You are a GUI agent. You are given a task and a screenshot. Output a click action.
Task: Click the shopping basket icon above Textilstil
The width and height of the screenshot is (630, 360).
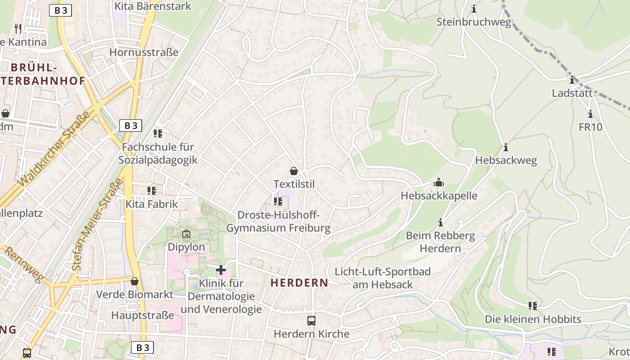click(294, 171)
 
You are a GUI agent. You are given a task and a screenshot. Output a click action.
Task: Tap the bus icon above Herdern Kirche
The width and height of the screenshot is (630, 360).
click(311, 321)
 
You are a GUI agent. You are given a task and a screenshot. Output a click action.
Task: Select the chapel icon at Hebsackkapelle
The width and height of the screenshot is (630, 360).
click(439, 183)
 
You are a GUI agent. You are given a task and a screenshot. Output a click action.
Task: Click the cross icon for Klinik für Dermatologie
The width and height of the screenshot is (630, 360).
click(221, 270)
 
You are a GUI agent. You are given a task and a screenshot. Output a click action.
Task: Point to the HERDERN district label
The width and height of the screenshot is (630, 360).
click(299, 283)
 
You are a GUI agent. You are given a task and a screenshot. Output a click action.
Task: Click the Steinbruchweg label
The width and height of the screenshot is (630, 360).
click(474, 22)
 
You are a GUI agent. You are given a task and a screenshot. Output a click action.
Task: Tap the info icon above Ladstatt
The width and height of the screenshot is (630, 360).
click(572, 81)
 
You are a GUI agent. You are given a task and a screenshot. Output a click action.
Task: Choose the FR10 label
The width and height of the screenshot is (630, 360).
click(590, 127)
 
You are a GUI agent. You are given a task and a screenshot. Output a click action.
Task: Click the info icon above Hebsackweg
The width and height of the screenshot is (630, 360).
click(506, 148)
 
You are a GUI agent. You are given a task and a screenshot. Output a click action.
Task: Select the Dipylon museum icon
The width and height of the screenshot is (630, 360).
click(186, 234)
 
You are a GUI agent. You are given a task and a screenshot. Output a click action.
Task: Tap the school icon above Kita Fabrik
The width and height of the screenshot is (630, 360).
click(151, 191)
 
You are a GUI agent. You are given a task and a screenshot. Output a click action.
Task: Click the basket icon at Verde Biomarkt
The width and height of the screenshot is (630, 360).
click(134, 282)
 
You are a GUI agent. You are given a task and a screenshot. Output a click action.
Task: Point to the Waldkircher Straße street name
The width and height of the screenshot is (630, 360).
click(54, 148)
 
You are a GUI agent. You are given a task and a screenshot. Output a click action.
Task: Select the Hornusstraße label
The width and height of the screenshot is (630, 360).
click(144, 52)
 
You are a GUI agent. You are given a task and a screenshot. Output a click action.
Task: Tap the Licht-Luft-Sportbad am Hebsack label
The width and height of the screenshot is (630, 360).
click(382, 278)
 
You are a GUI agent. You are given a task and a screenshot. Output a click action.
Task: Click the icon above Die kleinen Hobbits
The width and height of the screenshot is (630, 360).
click(533, 306)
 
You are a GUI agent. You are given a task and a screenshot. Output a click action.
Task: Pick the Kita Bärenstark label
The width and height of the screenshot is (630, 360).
click(153, 6)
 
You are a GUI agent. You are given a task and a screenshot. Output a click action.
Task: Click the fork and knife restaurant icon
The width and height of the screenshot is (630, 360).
click(18, 29)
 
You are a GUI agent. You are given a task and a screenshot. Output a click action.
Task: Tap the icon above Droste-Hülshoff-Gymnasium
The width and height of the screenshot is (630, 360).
click(278, 202)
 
